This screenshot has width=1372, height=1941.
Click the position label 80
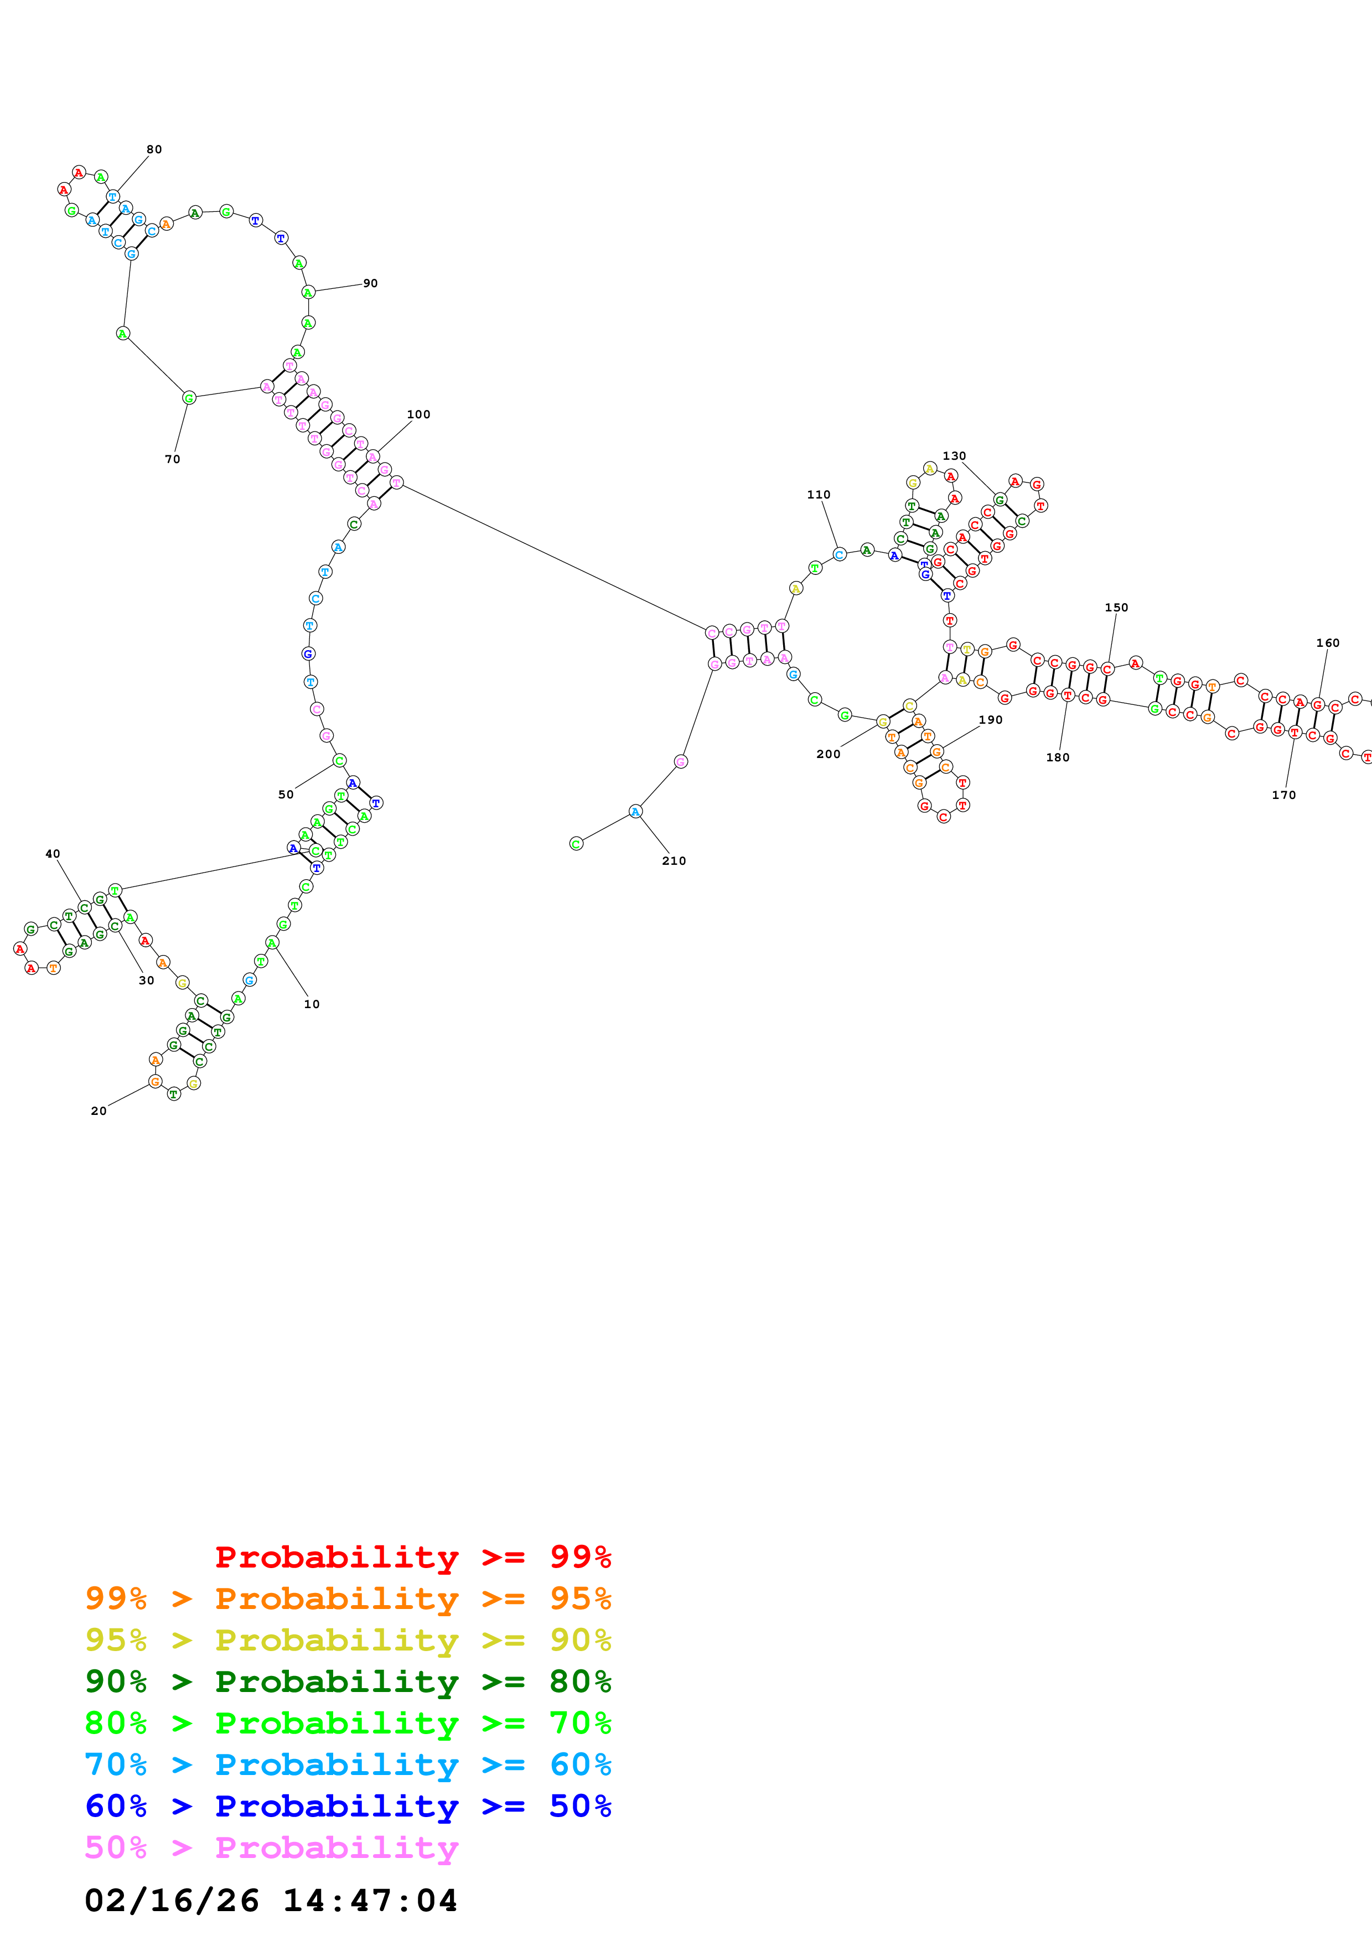tap(154, 149)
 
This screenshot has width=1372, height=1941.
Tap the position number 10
tap(312, 1004)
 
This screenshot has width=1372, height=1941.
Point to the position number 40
tap(53, 854)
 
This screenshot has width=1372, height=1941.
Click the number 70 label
tap(173, 459)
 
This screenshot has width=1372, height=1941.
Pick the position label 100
tap(418, 414)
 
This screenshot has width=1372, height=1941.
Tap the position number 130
tap(954, 456)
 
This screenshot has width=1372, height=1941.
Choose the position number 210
tap(674, 860)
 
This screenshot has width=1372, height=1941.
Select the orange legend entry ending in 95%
tap(348, 1599)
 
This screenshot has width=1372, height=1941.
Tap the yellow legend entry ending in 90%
tap(348, 1640)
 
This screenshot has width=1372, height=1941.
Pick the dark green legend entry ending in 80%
tap(348, 1681)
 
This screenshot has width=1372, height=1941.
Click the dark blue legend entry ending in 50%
tap(348, 1806)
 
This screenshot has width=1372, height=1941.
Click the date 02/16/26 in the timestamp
tap(172, 1901)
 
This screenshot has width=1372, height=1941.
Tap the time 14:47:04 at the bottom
tap(370, 1901)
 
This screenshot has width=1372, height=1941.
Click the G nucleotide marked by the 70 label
tap(189, 397)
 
